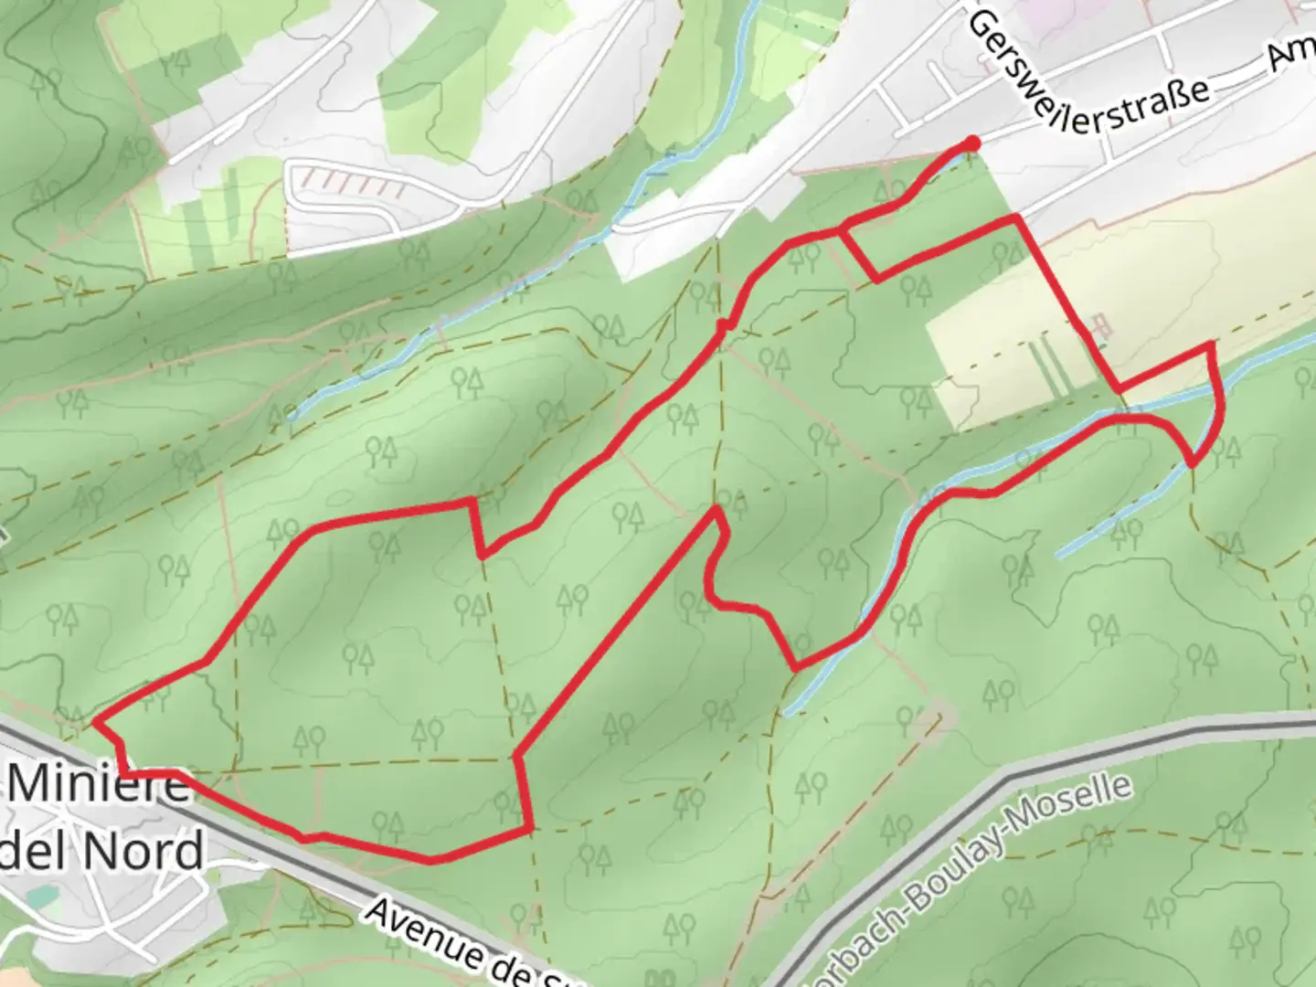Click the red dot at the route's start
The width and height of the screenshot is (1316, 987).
click(x=972, y=143)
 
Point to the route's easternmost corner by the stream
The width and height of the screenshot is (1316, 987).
click(x=1214, y=345)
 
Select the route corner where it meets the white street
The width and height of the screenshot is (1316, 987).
click(x=1014, y=218)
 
